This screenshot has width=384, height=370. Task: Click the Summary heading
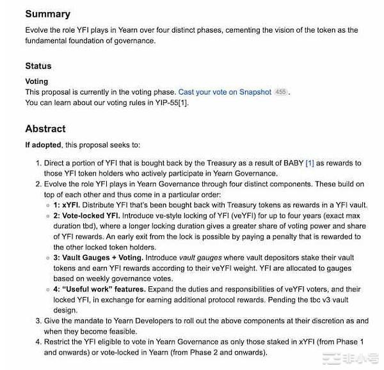click(47, 13)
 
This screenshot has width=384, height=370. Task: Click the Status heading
click(38, 66)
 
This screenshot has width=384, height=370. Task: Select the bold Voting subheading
click(36, 82)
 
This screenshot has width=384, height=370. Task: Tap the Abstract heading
click(45, 128)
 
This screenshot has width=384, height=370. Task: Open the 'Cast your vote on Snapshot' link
click(225, 92)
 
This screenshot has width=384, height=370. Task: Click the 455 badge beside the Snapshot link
click(280, 92)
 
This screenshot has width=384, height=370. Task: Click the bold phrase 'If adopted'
click(42, 145)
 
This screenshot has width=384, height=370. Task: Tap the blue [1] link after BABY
click(310, 163)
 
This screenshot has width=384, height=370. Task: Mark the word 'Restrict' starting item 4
click(59, 341)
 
